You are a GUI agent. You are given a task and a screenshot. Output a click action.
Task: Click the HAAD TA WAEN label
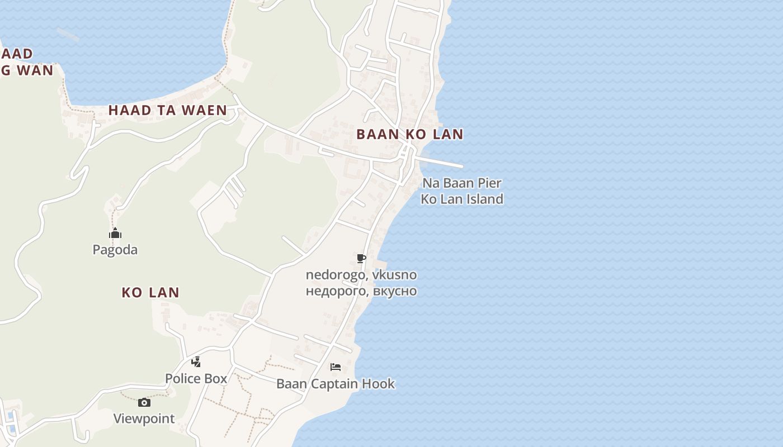(x=167, y=110)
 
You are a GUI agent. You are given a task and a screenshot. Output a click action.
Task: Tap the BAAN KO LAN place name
(x=410, y=134)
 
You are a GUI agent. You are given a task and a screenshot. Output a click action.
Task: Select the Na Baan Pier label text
(x=462, y=183)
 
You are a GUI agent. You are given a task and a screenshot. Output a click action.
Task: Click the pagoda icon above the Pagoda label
(x=115, y=233)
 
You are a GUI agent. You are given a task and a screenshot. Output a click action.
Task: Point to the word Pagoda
(x=115, y=250)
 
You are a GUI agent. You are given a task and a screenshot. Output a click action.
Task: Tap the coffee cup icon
(x=361, y=258)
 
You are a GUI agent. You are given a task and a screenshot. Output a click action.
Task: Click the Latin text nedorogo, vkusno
(x=361, y=275)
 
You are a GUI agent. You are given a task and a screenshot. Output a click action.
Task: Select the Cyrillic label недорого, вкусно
(x=361, y=291)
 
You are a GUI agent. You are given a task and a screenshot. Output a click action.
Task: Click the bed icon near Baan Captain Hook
(x=336, y=367)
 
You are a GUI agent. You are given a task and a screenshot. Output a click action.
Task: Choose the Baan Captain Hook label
(x=336, y=384)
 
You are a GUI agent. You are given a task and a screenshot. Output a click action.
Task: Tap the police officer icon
(x=196, y=362)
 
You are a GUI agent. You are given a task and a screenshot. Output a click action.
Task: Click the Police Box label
(x=196, y=378)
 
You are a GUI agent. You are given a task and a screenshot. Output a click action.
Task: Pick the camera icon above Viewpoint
(x=144, y=402)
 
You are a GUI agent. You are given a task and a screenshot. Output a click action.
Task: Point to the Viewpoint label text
(x=144, y=419)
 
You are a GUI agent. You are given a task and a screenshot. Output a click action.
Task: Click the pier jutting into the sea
(x=442, y=162)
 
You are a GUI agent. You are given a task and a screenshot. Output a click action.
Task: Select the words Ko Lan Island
(x=462, y=199)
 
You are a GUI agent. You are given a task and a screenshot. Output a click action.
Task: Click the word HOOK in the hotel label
(x=378, y=384)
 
